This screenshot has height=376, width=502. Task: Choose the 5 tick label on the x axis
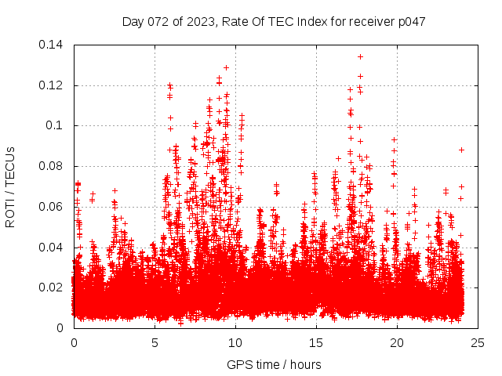click(x=155, y=342)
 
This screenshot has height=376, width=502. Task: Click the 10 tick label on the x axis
click(x=235, y=342)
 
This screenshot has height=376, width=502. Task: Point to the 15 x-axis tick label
click(x=316, y=342)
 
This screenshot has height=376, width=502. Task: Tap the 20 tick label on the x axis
click(x=397, y=342)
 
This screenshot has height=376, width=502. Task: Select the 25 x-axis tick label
click(x=478, y=342)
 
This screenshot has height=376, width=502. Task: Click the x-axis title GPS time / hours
click(x=274, y=364)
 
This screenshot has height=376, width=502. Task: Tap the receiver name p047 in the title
click(x=410, y=21)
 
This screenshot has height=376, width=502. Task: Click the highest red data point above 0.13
click(x=360, y=56)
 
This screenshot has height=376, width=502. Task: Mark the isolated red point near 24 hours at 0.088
click(x=462, y=150)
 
